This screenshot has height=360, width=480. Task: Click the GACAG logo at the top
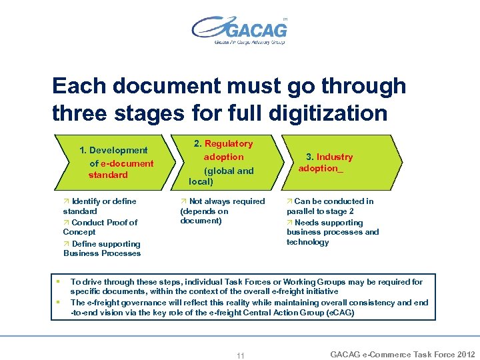click(x=239, y=30)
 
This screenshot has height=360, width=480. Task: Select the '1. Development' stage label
click(x=113, y=150)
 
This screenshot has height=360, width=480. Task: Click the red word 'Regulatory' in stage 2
click(x=229, y=143)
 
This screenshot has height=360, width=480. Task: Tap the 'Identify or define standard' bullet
click(x=100, y=205)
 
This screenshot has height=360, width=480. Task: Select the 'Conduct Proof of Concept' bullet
click(x=101, y=227)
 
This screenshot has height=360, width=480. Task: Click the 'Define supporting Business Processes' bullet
click(x=102, y=248)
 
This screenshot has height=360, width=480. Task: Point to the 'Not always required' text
click(x=223, y=201)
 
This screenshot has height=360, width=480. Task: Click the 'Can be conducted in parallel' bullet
click(x=330, y=205)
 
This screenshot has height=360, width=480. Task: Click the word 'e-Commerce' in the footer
click(x=387, y=354)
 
